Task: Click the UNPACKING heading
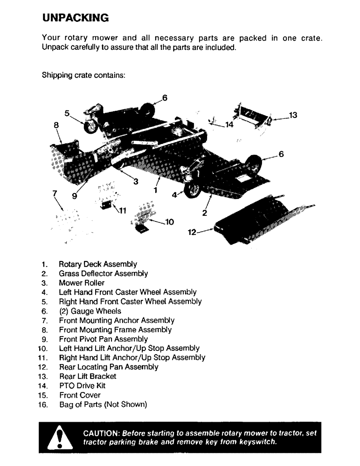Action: (75, 18)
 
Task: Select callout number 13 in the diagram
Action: (293, 115)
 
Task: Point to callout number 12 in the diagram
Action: (192, 231)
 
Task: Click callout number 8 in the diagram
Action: (56, 125)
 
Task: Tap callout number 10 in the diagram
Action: (169, 222)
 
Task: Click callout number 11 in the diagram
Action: (123, 210)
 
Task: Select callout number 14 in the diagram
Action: (228, 125)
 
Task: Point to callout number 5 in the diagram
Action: (67, 113)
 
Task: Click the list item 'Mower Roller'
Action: (82, 283)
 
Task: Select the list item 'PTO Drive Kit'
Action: (82, 386)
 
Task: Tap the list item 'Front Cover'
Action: (80, 395)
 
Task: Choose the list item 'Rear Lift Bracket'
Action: (88, 377)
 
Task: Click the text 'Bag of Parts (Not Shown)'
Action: (103, 404)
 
